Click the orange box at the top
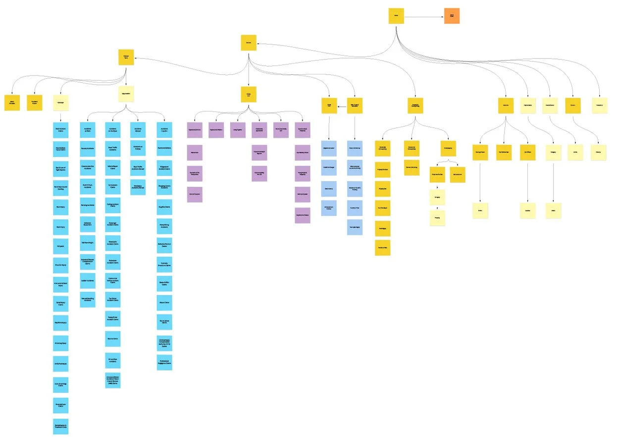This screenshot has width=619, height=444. pyautogui.click(x=452, y=16)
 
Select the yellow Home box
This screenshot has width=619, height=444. pyautogui.click(x=396, y=16)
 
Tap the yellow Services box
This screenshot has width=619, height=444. pyautogui.click(x=249, y=43)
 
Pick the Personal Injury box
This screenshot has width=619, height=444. pyautogui.click(x=126, y=57)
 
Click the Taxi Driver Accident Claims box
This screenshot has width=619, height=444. pyautogui.click(x=113, y=299)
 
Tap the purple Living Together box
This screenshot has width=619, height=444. pyautogui.click(x=238, y=130)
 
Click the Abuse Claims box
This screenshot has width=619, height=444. pyautogui.click(x=164, y=303)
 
